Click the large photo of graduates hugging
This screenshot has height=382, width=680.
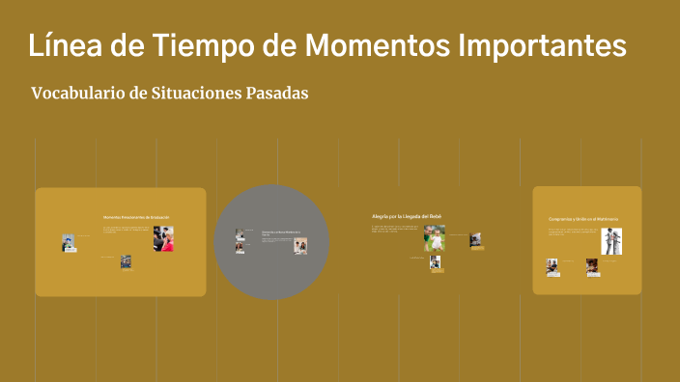(162, 239)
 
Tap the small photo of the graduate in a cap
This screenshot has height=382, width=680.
(69, 242)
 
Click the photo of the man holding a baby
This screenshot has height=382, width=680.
(435, 237)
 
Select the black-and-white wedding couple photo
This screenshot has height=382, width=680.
(611, 240)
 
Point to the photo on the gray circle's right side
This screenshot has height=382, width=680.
(300, 245)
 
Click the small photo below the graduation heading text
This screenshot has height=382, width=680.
(126, 261)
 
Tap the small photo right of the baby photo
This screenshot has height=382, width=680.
(475, 239)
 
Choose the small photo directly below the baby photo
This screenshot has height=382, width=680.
(435, 261)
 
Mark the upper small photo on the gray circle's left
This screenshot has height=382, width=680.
(240, 233)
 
